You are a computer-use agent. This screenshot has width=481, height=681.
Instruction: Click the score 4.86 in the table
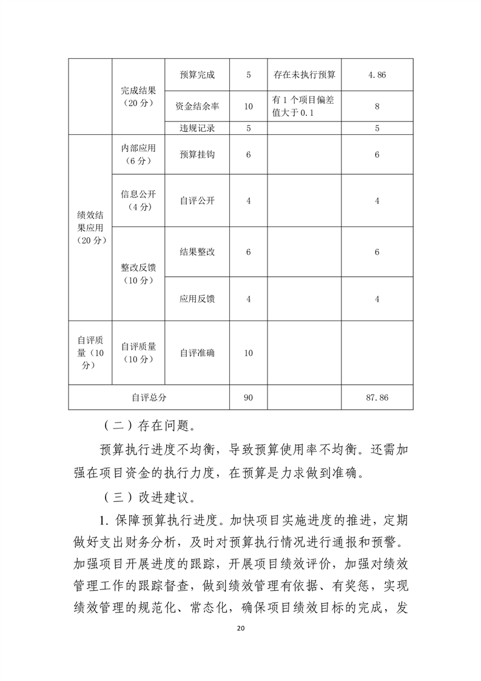click(377, 76)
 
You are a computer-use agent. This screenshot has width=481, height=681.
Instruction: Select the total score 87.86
click(377, 398)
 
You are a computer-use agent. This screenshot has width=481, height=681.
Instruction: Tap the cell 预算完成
click(197, 76)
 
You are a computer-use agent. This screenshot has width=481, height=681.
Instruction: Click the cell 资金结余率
click(197, 106)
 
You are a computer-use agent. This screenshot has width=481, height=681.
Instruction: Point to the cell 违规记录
click(197, 128)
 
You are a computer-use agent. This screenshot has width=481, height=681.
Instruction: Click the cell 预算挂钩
click(197, 155)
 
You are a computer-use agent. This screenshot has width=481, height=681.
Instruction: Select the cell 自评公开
click(197, 201)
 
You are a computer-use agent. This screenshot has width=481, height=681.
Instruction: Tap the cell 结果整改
click(197, 252)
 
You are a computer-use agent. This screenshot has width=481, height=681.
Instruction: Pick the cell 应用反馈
click(197, 299)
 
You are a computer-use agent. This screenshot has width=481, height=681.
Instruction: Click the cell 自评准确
click(197, 353)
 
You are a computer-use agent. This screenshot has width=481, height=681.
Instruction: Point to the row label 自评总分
click(149, 398)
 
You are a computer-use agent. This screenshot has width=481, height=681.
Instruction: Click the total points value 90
click(248, 398)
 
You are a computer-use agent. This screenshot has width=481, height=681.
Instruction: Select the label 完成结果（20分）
click(138, 97)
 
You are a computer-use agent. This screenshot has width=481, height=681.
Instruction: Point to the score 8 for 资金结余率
click(377, 106)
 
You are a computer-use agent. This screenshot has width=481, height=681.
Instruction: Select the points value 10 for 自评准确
click(248, 353)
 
